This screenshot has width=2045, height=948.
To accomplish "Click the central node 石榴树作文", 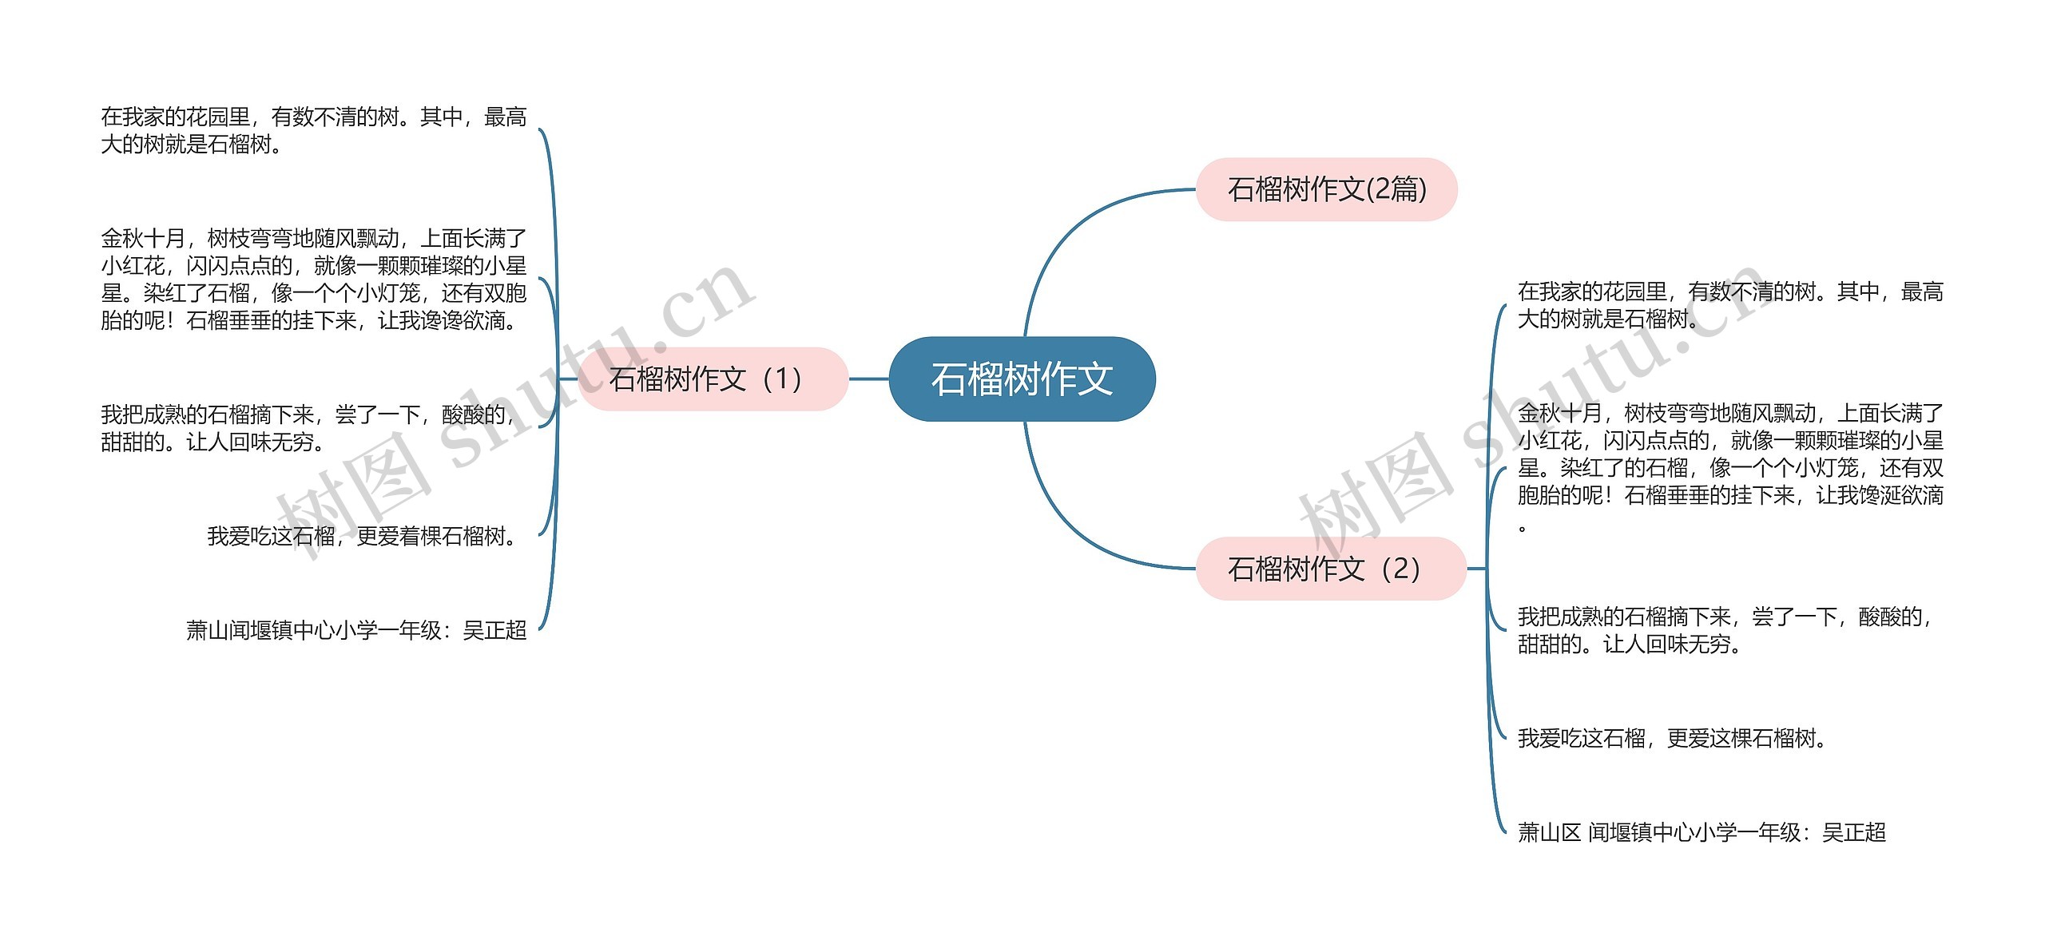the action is click(1022, 379).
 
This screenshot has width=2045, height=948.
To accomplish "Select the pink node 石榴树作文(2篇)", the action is click(1326, 189).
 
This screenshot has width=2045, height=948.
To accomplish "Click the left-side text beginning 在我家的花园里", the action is click(313, 130).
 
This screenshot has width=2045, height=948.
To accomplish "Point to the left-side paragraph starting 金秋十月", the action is click(313, 279).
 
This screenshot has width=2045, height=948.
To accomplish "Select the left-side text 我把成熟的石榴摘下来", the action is click(308, 427).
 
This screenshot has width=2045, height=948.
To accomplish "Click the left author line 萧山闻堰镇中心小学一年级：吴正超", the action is click(356, 630).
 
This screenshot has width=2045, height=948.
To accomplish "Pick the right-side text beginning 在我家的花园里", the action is click(1730, 305).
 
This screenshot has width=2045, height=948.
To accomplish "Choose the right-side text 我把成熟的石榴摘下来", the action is click(1725, 629).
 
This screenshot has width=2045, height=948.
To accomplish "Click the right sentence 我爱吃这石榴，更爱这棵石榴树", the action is click(1673, 738).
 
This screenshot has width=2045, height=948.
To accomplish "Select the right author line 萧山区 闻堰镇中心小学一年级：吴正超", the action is click(1702, 832).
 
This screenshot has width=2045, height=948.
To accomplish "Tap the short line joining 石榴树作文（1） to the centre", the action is click(868, 379).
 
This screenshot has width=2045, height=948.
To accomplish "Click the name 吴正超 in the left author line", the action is click(494, 630).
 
